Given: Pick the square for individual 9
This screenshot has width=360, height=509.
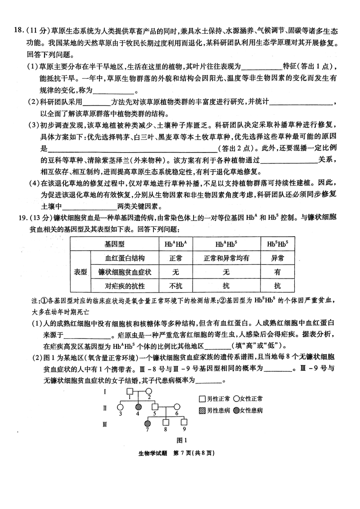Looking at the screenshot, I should pyautogui.click(x=184, y=423).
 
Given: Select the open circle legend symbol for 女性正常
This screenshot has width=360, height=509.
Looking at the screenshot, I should pyautogui.click(x=236, y=399).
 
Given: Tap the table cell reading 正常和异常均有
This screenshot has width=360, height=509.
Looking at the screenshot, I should pyautogui.click(x=226, y=258).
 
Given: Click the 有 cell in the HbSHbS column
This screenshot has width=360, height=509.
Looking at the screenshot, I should pyautogui.click(x=277, y=272).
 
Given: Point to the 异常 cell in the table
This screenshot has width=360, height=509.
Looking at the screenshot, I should pyautogui.click(x=277, y=258).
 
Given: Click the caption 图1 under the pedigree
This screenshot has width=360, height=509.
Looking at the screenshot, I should pyautogui.click(x=182, y=440).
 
